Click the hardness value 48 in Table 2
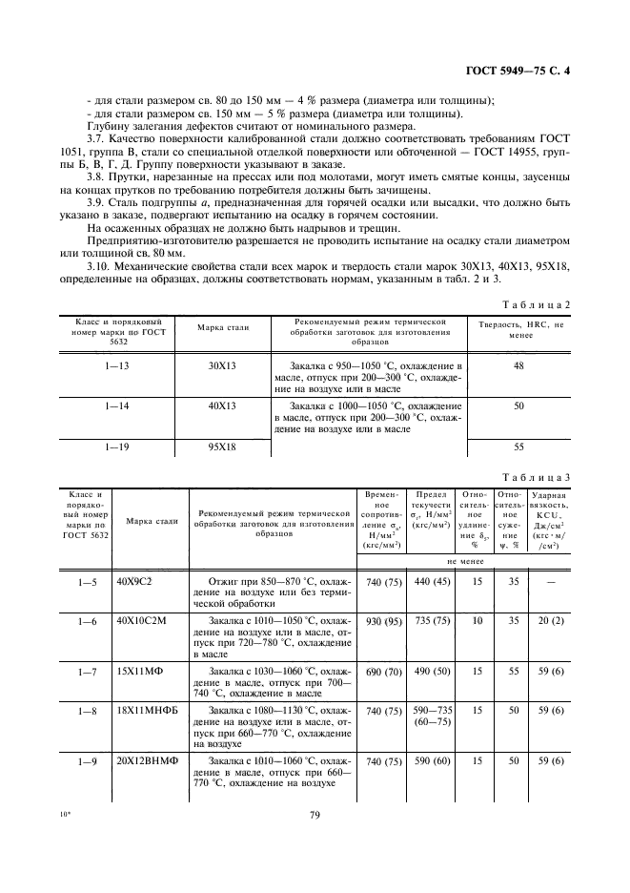tap(519, 365)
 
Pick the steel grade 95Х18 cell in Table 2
tap(222, 446)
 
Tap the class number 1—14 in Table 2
tap(117, 406)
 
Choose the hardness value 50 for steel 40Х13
tap(519, 406)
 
